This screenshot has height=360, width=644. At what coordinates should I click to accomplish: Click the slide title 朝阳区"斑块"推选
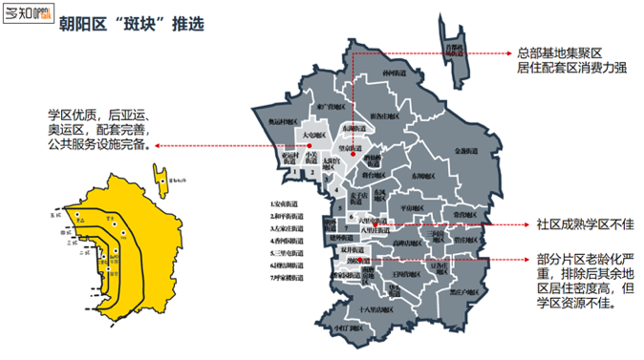click(130, 24)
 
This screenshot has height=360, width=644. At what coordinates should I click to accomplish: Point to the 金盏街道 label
click(465, 149)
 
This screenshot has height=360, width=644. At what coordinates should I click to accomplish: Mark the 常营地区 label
click(462, 215)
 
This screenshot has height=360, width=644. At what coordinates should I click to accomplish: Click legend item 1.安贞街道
click(286, 203)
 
